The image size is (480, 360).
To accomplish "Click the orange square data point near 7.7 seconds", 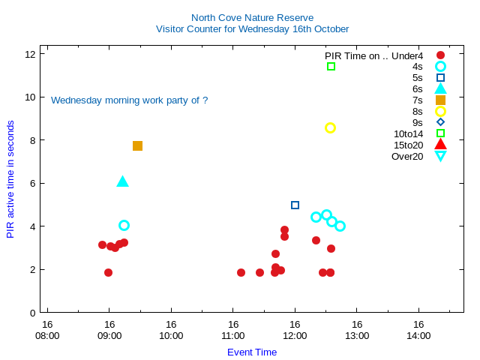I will click(x=137, y=145).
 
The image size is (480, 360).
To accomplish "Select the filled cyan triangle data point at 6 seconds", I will click(x=123, y=181).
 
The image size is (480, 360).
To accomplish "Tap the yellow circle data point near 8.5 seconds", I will click(x=330, y=127).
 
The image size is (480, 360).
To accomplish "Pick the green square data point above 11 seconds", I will click(x=331, y=67).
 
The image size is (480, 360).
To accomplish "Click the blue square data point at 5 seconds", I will click(x=295, y=205).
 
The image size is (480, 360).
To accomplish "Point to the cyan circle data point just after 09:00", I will click(x=124, y=225).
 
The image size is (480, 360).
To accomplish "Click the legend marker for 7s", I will click(x=440, y=100).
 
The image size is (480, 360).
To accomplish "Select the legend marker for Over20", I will click(x=440, y=156).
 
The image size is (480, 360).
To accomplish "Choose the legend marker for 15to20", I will click(x=440, y=145).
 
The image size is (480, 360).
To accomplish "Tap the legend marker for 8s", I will click(x=440, y=111).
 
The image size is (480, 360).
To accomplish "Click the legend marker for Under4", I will click(x=440, y=55).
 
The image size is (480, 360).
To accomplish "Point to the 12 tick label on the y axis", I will click(x=31, y=54).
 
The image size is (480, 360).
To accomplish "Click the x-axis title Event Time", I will click(x=252, y=352).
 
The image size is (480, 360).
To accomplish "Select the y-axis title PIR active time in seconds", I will click(x=10, y=179).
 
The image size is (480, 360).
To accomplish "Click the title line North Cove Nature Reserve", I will click(x=252, y=17).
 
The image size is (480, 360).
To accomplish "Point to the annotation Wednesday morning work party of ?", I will click(x=129, y=100).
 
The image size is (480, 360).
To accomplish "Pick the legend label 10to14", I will click(x=408, y=133).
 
